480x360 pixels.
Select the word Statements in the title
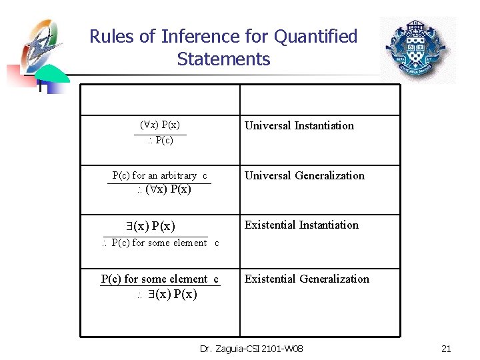(223, 59)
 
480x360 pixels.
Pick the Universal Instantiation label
(299, 125)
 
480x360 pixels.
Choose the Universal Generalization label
(305, 175)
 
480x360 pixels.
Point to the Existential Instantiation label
(301, 225)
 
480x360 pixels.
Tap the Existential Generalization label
(307, 279)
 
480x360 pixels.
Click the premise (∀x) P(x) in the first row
(160, 125)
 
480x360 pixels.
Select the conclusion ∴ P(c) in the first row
(160, 141)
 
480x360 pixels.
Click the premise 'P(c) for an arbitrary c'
(160, 175)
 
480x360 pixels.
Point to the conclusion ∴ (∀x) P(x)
(164, 189)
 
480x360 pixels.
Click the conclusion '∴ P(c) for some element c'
(161, 243)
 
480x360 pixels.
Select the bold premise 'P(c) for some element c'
(160, 279)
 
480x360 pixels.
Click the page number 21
(446, 349)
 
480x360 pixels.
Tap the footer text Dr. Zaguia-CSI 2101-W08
(251, 349)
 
